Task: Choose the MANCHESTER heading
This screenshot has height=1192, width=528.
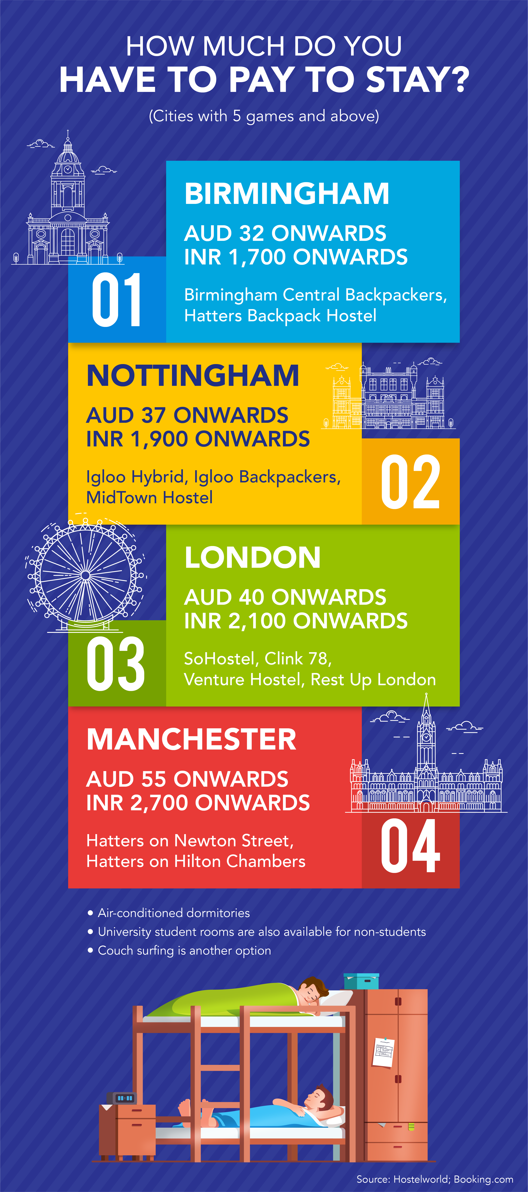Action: [x=191, y=739]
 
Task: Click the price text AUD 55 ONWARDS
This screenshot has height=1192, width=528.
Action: [x=187, y=779]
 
